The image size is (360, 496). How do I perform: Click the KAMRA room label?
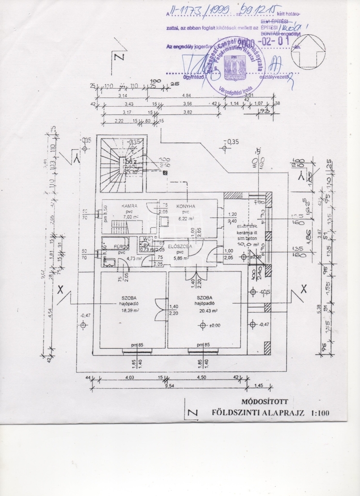point(118,206)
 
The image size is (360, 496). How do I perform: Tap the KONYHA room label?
point(185,206)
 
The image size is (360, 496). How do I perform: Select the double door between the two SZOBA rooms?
point(160,308)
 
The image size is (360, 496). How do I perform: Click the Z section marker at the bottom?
point(193,413)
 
